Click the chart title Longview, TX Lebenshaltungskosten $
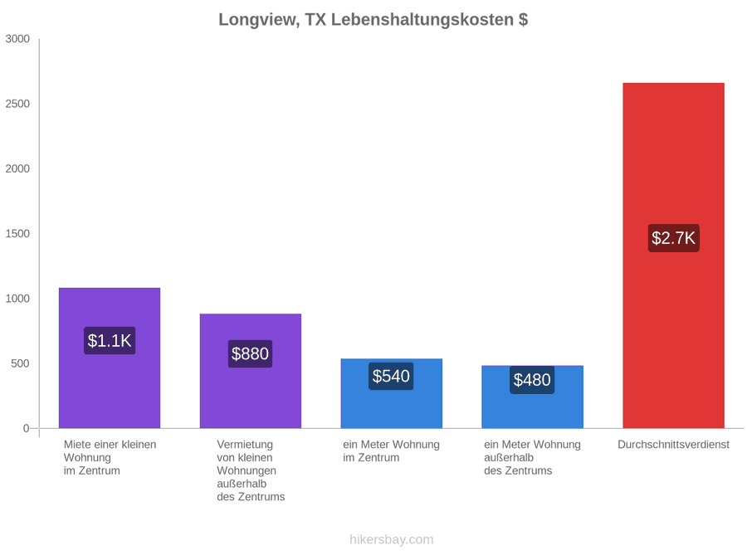[373, 20]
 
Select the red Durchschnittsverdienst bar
[673, 256]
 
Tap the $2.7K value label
[673, 238]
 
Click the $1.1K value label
[110, 340]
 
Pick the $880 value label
[250, 353]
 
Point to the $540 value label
[391, 376]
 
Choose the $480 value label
[532, 380]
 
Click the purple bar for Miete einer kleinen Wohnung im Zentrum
[110, 358]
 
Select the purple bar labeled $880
[251, 371]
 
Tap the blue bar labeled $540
[392, 393]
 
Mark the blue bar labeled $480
[533, 397]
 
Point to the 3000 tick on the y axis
[17, 39]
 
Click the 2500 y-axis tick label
[17, 104]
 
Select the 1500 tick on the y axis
[17, 234]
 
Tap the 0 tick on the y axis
[27, 429]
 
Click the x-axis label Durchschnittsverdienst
[674, 445]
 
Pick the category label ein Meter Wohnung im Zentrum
[391, 451]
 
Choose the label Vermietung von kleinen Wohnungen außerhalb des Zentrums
[251, 470]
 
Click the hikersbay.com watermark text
[392, 539]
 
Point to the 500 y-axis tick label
[21, 364]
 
